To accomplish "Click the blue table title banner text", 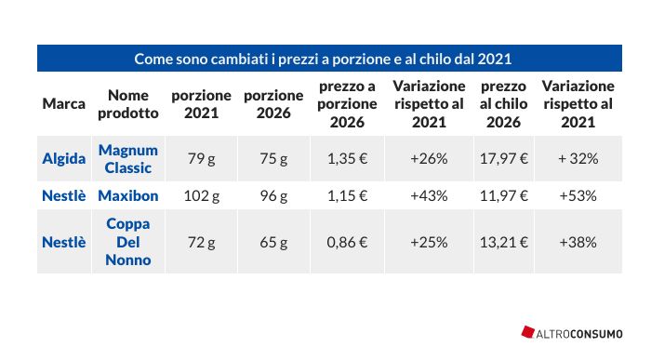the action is pos(323,59).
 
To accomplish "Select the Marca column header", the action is pos(63,104).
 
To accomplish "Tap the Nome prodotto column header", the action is pos(128,104).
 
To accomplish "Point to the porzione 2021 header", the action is pos(202,104).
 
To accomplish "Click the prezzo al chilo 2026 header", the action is pos(504,104).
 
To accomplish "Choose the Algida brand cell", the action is pos(63,159).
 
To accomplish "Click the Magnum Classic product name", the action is pos(128,159).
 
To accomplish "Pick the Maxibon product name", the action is pos(128,195).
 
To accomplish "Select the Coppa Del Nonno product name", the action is pos(128,242).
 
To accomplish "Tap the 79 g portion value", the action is pos(202,159).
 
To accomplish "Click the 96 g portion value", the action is pos(273,195).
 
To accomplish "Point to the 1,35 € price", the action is pos(348,159).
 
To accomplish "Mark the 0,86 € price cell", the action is pos(348,242).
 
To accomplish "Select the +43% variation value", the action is pos(429,195).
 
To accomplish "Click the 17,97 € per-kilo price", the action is pos(504,159).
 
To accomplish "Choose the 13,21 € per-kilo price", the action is pos(504,242).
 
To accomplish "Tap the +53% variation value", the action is pos(578,195).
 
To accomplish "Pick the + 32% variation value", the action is pos(578,159).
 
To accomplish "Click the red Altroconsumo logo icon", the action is pos(527,332).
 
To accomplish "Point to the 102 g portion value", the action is pos(202,195).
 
